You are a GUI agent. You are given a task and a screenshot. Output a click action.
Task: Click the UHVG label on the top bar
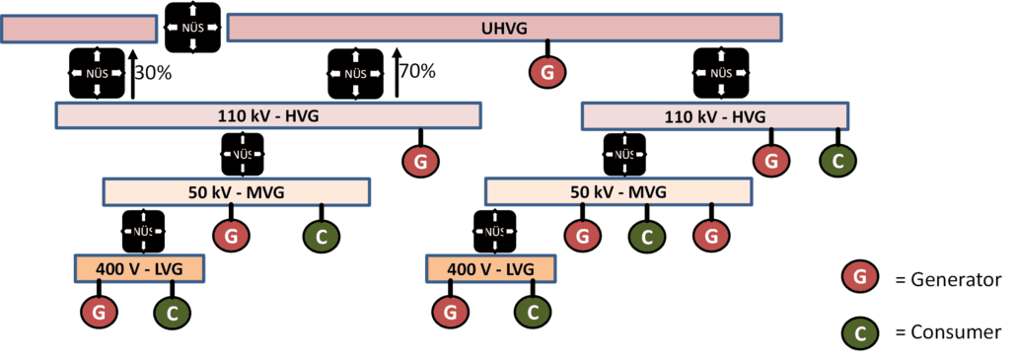point(506,29)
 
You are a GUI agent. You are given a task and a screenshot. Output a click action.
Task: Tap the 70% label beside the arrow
point(417,71)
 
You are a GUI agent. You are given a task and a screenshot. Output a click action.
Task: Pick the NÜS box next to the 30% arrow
point(97,74)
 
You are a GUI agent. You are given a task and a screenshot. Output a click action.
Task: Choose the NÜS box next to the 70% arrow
point(355,74)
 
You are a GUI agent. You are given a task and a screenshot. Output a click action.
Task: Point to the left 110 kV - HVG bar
point(268,116)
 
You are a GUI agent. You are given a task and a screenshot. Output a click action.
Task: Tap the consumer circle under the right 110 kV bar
point(838,160)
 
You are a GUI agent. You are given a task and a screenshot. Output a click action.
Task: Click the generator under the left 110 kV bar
point(421,160)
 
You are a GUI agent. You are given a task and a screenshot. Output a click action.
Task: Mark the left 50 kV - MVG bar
point(237,192)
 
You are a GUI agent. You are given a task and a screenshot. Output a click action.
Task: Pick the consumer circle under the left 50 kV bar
point(321,236)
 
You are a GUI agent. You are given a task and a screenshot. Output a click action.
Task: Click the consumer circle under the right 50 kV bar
point(646,236)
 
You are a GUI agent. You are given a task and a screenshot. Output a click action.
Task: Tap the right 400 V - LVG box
point(489,268)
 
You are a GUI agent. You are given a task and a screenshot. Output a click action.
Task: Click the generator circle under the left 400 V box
point(99,312)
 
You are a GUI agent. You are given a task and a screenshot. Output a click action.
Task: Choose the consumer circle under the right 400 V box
point(533,312)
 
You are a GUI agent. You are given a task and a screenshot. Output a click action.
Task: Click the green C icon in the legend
point(860,332)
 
